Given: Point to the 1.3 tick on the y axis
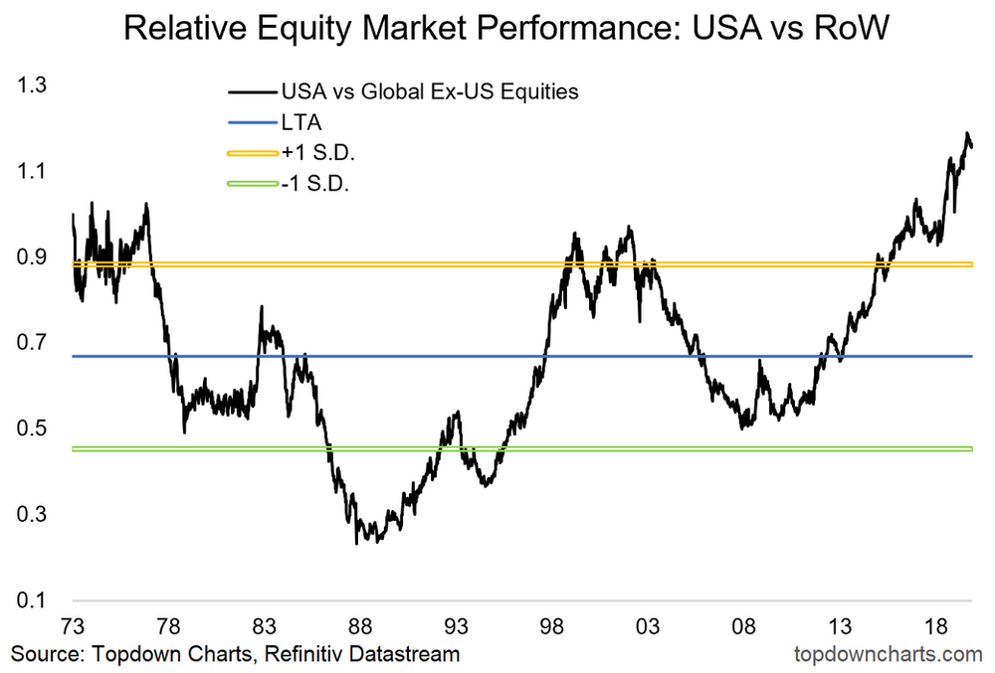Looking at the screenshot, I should tap(32, 86).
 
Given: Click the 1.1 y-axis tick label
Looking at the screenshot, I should tap(32, 172).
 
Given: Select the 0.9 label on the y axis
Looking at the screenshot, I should tap(32, 258).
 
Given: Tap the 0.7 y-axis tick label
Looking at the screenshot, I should tap(32, 344).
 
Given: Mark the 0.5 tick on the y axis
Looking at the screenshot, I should tap(32, 429).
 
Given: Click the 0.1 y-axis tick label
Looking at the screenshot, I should tap(32, 600).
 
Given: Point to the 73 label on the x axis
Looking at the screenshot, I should tap(74, 627).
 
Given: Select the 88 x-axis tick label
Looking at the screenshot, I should tap(361, 627).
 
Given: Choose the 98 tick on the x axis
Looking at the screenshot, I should tap(553, 627).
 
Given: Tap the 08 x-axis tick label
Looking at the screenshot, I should tap(745, 627).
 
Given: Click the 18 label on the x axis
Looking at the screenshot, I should tap(936, 627).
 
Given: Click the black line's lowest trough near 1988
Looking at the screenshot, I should tap(357, 543).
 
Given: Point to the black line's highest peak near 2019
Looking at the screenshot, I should tap(965, 133).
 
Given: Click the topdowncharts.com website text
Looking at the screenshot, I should tap(890, 654).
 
